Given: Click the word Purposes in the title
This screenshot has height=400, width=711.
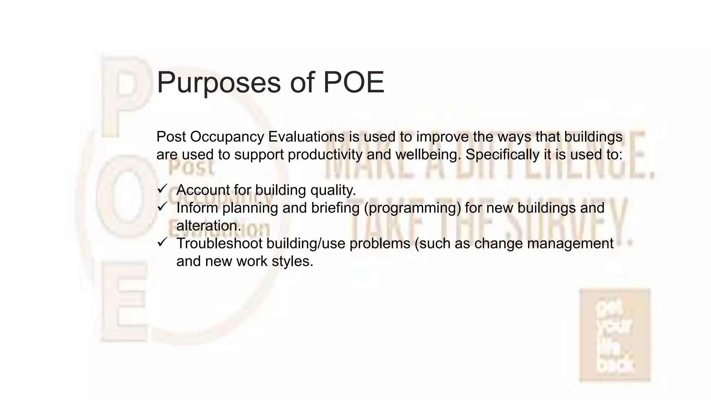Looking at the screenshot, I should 218,83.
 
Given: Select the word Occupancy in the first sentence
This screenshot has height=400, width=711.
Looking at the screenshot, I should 227,137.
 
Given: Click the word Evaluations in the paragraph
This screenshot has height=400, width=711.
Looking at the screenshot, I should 306,137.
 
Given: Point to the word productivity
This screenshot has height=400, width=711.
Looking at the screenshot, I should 325,155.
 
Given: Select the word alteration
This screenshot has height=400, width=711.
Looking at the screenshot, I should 209,226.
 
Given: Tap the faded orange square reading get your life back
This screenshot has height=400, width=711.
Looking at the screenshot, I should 615,335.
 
